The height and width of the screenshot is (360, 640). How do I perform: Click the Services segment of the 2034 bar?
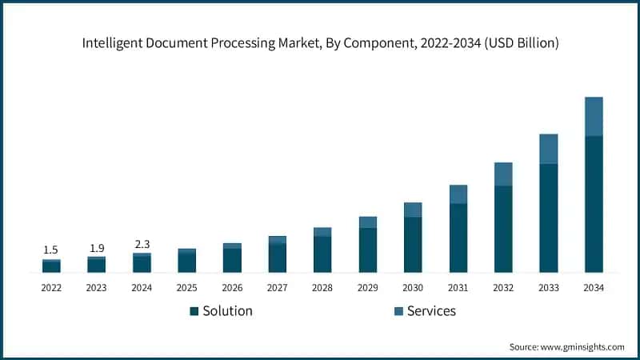click(x=594, y=117)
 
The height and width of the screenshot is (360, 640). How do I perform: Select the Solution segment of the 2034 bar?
click(x=594, y=204)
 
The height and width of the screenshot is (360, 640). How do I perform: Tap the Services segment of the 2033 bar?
click(x=548, y=149)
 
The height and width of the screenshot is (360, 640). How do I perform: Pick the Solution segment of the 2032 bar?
click(x=503, y=229)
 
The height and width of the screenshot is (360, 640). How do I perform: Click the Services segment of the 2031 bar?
click(x=458, y=194)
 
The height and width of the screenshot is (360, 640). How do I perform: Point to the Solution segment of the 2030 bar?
click(x=413, y=244)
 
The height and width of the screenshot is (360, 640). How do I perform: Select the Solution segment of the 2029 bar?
click(x=368, y=250)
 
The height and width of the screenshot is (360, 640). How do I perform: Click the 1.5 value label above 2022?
click(x=51, y=250)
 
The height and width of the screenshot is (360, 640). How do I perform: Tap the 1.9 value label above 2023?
click(x=96, y=248)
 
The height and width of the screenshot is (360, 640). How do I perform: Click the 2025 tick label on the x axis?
click(x=186, y=287)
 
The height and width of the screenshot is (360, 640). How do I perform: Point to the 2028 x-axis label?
click(x=322, y=287)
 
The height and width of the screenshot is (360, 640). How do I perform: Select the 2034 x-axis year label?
click(x=594, y=287)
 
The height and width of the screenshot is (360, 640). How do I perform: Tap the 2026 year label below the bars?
click(x=232, y=287)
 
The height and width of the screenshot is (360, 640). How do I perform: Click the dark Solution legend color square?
click(x=194, y=310)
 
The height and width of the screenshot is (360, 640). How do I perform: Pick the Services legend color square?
click(x=398, y=310)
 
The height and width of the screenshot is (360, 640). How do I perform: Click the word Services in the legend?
click(x=431, y=310)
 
